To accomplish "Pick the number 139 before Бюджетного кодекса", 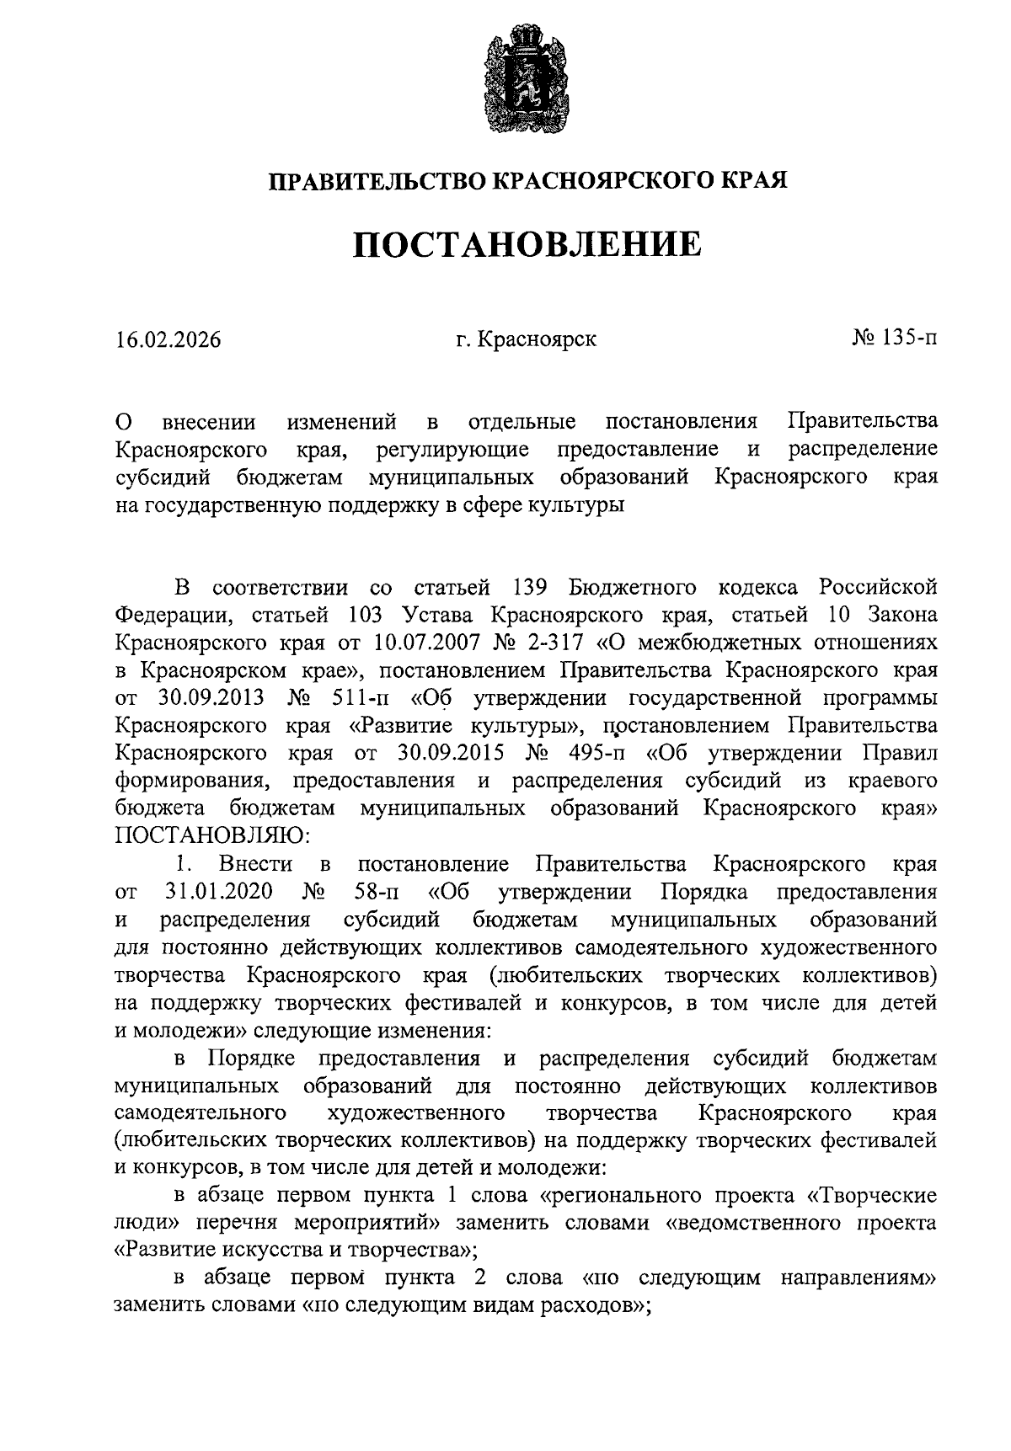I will click(531, 586).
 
